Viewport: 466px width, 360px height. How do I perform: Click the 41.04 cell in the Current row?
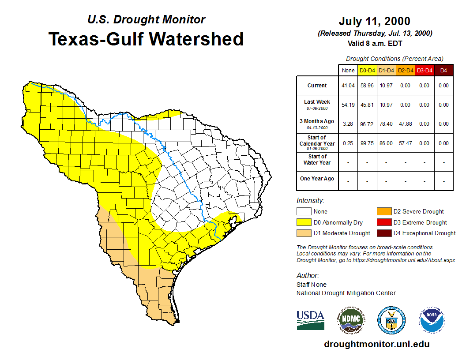348,86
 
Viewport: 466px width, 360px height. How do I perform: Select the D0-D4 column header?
367,70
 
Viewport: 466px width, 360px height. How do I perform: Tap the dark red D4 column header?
443,70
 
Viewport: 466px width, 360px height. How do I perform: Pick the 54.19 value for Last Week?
348,105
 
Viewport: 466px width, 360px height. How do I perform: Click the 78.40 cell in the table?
386,124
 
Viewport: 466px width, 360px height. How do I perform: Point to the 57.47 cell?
405,143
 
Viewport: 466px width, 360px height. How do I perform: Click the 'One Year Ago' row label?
317,179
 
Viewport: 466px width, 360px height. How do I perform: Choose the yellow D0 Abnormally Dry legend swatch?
304,222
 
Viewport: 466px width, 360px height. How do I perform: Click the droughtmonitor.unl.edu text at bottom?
376,344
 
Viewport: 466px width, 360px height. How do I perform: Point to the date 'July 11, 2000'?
375,21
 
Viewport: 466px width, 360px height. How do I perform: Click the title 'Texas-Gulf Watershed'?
146,39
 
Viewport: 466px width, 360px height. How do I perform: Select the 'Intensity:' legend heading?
310,200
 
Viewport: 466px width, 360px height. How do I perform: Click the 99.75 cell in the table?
367,143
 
